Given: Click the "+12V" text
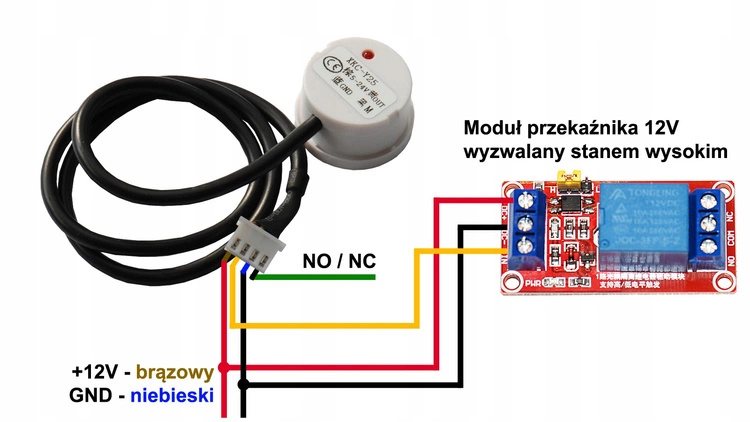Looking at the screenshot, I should coord(96,371).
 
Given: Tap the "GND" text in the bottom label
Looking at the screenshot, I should coord(91,397).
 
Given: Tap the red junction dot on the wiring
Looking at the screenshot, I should coord(224,368).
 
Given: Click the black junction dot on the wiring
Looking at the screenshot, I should coord(240,382).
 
